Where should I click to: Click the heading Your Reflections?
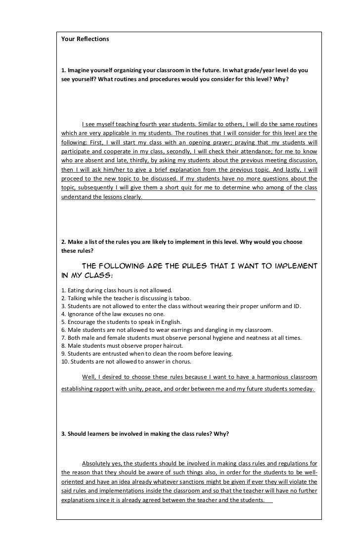pyautogui.click(x=85, y=39)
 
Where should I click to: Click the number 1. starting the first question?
pyautogui.click(x=63, y=70)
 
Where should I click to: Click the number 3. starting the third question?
pyautogui.click(x=63, y=434)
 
